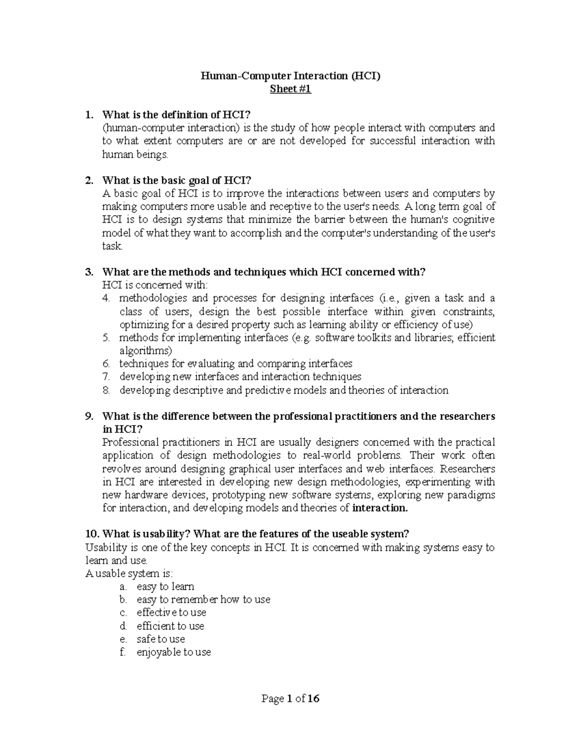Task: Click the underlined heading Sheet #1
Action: click(x=290, y=89)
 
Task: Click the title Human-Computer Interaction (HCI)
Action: click(x=290, y=76)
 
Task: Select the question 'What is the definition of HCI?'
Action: click(x=177, y=115)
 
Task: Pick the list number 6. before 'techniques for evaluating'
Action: click(x=107, y=364)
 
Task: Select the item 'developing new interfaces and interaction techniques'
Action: click(x=240, y=377)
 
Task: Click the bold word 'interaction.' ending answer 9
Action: click(x=380, y=508)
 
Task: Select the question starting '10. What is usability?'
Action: click(x=247, y=534)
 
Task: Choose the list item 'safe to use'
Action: click(x=161, y=639)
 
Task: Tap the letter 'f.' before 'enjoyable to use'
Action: click(x=122, y=652)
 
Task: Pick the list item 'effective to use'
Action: click(x=171, y=613)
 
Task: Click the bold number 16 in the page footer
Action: click(x=313, y=699)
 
